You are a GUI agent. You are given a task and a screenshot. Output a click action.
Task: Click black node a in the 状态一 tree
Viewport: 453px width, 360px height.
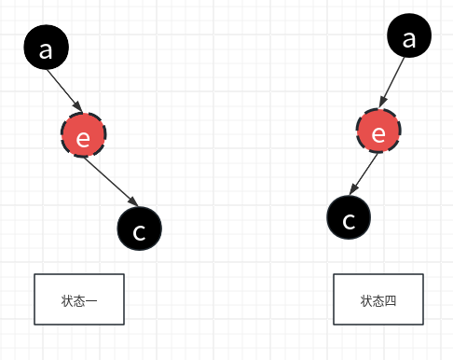pyautogui.click(x=47, y=48)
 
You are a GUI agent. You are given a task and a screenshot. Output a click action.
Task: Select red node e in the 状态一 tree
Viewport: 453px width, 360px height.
pyautogui.click(x=83, y=138)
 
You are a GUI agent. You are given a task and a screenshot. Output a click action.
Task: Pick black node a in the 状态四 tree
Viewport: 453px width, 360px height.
pyautogui.click(x=409, y=38)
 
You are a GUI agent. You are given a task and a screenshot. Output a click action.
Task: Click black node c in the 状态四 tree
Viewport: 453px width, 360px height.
pyautogui.click(x=350, y=219)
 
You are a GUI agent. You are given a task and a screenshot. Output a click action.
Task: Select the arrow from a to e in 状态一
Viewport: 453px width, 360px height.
pyautogui.click(x=66, y=92)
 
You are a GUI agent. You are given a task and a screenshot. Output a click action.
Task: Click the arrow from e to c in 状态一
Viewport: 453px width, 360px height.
pyautogui.click(x=111, y=183)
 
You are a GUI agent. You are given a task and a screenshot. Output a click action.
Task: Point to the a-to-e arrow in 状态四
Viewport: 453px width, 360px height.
pyautogui.click(x=394, y=85)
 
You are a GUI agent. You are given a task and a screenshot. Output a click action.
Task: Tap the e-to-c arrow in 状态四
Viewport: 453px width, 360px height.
pyautogui.click(x=364, y=175)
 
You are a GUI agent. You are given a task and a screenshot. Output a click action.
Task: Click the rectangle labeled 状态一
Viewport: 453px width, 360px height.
pyautogui.click(x=79, y=299)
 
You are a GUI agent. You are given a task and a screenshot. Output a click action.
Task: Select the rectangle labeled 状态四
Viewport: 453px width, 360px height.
pyautogui.click(x=378, y=299)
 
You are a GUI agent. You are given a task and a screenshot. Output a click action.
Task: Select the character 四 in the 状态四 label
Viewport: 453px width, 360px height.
pyautogui.click(x=391, y=300)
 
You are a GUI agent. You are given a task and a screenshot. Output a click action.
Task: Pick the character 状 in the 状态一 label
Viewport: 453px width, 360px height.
pyautogui.click(x=67, y=300)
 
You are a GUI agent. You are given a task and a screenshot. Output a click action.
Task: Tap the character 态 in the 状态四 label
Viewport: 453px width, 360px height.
pyautogui.click(x=378, y=300)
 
